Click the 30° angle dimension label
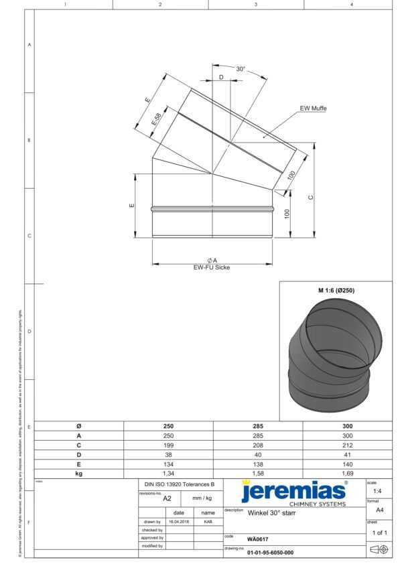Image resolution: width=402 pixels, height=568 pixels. (x=241, y=69)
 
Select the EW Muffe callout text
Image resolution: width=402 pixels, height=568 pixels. (x=313, y=108)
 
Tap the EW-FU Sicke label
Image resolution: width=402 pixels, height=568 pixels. (x=212, y=267)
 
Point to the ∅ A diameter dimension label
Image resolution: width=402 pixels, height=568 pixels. (x=212, y=260)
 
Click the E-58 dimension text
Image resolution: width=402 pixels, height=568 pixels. (x=156, y=119)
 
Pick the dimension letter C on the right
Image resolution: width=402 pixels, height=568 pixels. (x=310, y=197)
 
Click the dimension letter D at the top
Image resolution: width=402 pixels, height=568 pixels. (x=221, y=78)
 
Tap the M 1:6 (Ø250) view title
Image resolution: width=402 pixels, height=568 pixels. (x=336, y=291)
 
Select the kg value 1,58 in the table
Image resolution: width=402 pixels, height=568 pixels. (x=258, y=473)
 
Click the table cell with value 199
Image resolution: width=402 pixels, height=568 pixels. (x=169, y=444)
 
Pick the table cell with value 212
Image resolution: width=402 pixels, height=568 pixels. (x=347, y=444)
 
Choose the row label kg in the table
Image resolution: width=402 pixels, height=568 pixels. (x=79, y=473)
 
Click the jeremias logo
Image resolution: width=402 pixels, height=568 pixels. (x=293, y=492)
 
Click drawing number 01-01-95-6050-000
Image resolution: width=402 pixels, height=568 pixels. (x=270, y=553)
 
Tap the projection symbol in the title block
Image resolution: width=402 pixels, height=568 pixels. (x=379, y=549)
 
